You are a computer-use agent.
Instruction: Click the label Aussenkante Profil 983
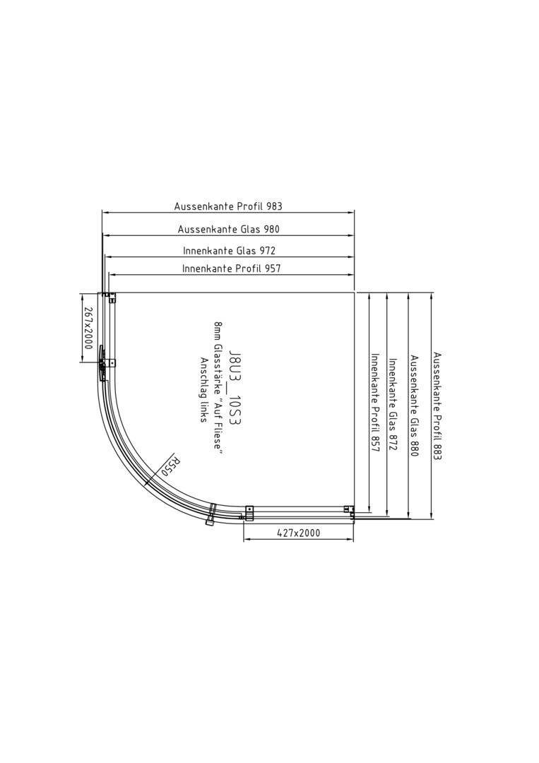pos(228,206)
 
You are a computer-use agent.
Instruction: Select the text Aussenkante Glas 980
pos(229,229)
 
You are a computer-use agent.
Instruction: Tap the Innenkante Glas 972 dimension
pos(229,251)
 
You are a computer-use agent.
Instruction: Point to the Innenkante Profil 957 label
pos(232,268)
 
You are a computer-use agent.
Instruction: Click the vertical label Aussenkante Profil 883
pos(437,406)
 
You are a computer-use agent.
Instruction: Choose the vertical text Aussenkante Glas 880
pos(414,406)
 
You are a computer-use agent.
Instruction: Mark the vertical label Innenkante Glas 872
pos(393,405)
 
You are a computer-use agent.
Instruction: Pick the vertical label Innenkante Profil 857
pos(375,403)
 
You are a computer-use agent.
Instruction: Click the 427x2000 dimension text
pos(299,533)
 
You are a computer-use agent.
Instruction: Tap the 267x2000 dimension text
pos(88,328)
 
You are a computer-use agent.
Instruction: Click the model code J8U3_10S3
pos(235,387)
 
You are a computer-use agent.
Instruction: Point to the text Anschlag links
pos(204,390)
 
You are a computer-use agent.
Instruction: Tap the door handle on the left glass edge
pos(101,364)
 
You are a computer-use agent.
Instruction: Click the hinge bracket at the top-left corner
pos(109,297)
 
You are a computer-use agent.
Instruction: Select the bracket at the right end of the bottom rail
pos(348,511)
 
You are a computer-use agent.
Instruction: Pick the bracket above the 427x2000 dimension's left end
pos(249,513)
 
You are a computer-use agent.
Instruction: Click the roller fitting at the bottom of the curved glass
pos(212,516)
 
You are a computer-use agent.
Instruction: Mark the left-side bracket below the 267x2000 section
pos(112,363)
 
